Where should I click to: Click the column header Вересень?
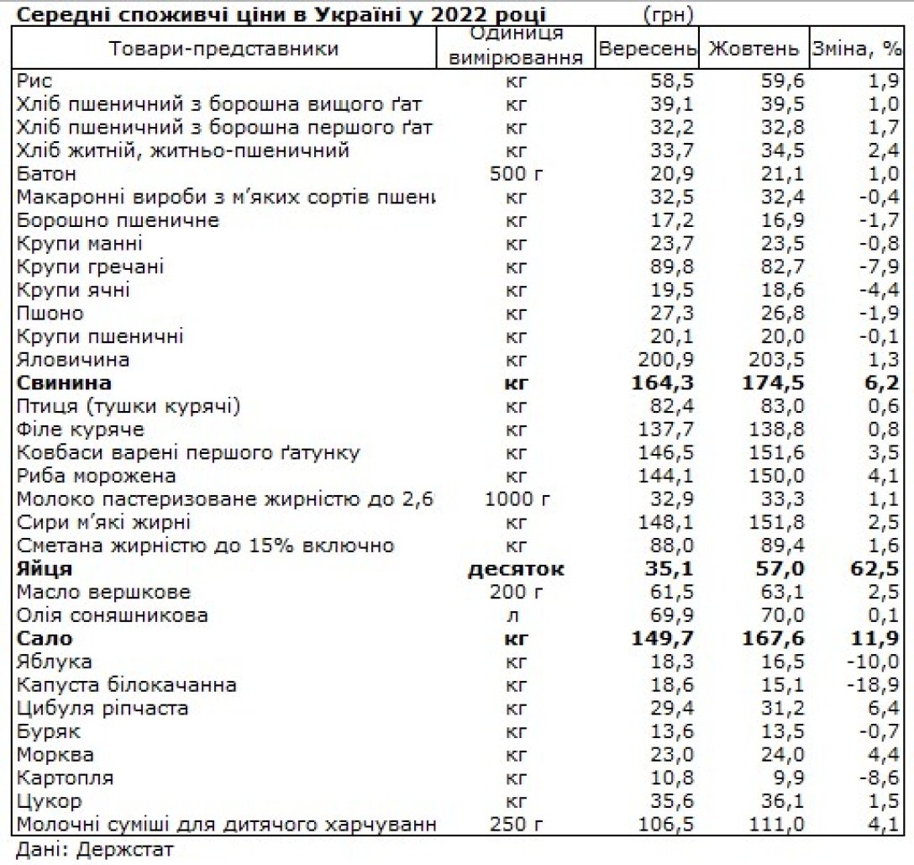click(x=647, y=49)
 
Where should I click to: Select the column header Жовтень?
click(x=754, y=49)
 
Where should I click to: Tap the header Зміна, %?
click(x=856, y=49)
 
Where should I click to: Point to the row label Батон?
click(x=47, y=174)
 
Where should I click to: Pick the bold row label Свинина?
click(x=64, y=383)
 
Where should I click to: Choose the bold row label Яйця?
click(x=45, y=569)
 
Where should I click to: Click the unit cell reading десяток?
click(x=516, y=569)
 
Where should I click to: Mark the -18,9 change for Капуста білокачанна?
click(x=875, y=685)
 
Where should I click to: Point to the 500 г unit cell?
click(x=516, y=174)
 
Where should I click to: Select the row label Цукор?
click(x=49, y=801)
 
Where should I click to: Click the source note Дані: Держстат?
click(x=94, y=849)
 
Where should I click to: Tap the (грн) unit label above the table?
click(x=668, y=15)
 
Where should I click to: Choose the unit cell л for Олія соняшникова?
click(x=516, y=615)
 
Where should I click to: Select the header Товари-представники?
click(x=223, y=49)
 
